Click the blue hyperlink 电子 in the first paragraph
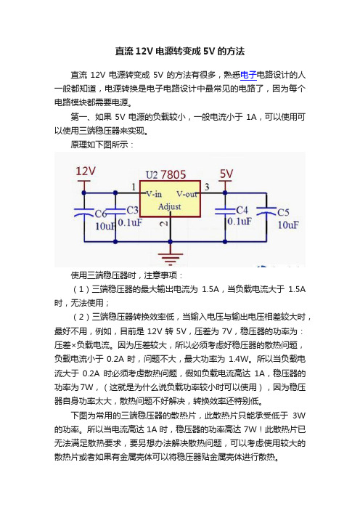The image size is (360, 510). pos(248,75)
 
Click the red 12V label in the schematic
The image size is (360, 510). pos(86,171)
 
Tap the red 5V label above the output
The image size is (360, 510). pos(226,174)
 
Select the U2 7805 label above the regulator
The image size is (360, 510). pos(165,174)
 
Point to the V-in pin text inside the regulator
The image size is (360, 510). pos(154,194)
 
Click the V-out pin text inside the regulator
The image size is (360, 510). pos(187,194)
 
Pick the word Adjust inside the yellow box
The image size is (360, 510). pos(169,207)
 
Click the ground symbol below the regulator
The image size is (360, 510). pos(171,258)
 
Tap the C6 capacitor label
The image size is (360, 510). pos(101,214)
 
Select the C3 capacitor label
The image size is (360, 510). pos(132,211)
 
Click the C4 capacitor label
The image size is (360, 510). pos(242,210)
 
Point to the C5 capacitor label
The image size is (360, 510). pos(283,212)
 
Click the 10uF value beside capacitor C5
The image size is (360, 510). pos(288,224)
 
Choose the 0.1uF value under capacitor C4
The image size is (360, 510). pos(240,222)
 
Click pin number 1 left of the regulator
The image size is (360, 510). pos(134,187)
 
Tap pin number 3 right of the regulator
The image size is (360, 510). pos(207,187)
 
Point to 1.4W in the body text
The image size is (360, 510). pos(238,359)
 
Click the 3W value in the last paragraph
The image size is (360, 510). pos(299,416)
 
